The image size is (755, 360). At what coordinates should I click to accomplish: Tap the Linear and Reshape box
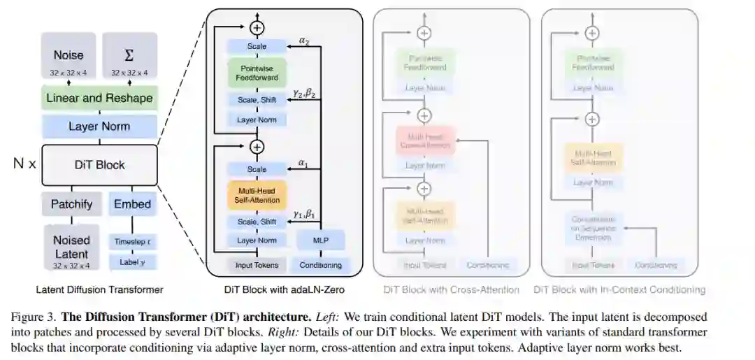pos(99,99)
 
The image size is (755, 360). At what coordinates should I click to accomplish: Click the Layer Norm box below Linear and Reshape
pos(99,127)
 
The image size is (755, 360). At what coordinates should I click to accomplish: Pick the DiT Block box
pos(99,165)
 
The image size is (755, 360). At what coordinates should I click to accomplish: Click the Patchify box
pos(71,205)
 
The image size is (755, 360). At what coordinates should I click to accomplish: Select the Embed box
pos(132,205)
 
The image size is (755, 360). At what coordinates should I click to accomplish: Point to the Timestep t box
pos(132,242)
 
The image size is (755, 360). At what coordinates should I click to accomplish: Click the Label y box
pos(132,262)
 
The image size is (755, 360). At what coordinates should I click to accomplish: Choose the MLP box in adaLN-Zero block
pos(321,240)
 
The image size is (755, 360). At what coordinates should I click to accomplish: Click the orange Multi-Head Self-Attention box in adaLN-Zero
pos(257,196)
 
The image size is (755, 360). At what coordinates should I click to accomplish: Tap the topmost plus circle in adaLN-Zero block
pos(257,28)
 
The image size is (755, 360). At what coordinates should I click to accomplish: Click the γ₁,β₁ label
pos(304,215)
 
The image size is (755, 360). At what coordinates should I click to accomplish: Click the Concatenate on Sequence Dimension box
pos(592,228)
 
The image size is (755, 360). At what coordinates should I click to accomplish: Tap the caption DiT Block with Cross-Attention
pos(451,289)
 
